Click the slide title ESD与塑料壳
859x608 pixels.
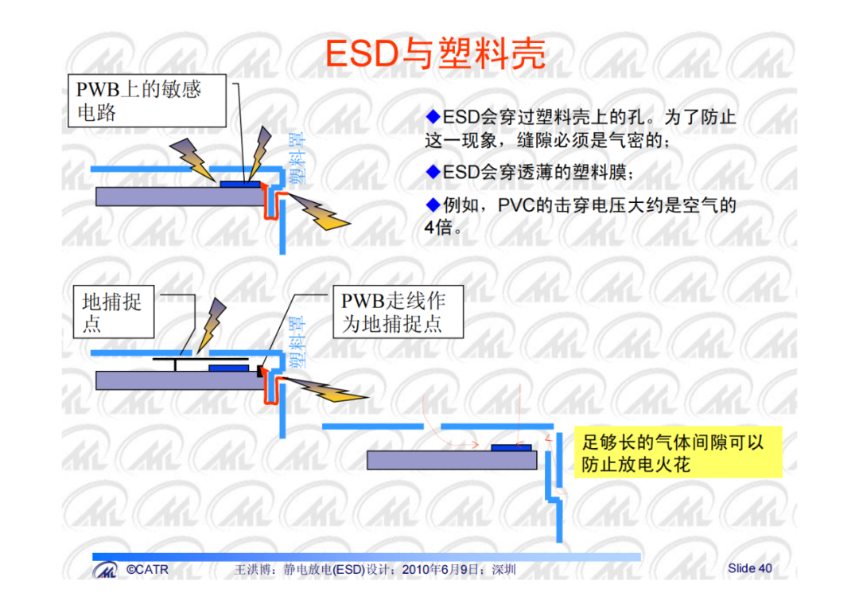[x=436, y=54]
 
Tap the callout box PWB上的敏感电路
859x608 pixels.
[x=147, y=101]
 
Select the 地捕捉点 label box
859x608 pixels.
[x=114, y=311]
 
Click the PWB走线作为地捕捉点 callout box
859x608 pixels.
[x=398, y=311]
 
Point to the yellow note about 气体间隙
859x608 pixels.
[x=678, y=453]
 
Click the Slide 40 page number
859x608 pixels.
[x=749, y=568]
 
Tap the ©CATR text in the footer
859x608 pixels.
[x=147, y=570]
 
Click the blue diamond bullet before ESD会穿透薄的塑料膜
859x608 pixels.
[x=433, y=172]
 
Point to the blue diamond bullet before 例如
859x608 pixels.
[x=433, y=205]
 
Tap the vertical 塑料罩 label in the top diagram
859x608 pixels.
[x=297, y=158]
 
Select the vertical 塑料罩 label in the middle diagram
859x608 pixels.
[x=297, y=341]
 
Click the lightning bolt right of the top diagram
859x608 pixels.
[x=320, y=212]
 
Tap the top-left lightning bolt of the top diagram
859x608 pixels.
[x=192, y=159]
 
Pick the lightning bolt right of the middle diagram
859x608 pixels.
[x=328, y=388]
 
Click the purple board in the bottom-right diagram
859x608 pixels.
[x=452, y=460]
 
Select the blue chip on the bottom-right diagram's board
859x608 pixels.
[x=511, y=448]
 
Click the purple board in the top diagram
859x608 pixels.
[x=181, y=197]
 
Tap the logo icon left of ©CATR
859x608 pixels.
[x=105, y=570]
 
